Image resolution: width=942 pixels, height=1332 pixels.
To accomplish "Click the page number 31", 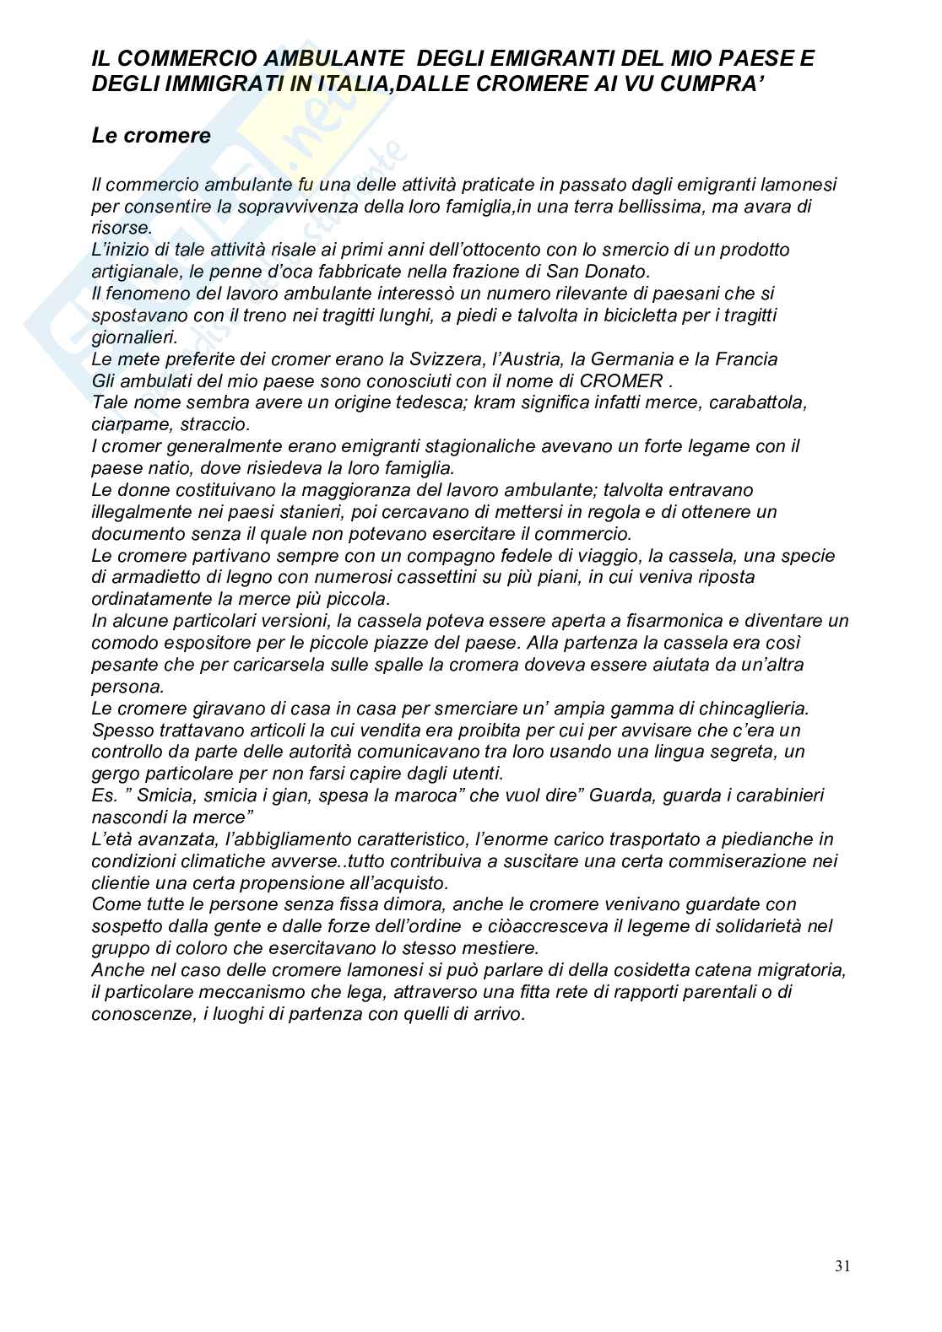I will point(842,1265).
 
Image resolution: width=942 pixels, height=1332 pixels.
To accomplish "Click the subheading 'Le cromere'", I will point(151,136).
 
